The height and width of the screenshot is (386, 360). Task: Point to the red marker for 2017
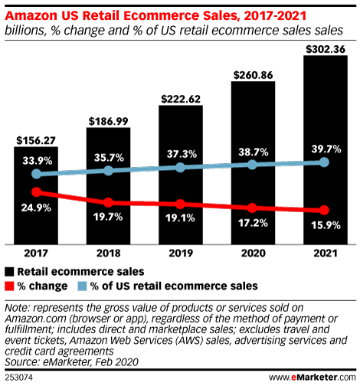(35, 191)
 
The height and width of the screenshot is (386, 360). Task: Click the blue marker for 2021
(325, 162)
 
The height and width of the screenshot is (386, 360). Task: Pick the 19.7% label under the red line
(108, 218)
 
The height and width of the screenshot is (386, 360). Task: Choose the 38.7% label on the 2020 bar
(253, 153)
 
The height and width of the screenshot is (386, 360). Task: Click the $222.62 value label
(180, 99)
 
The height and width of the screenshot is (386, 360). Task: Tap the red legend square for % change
(11, 285)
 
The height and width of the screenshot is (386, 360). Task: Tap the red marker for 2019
(180, 204)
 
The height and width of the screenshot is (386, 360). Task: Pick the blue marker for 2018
(108, 171)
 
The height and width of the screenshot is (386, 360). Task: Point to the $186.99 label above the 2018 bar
(108, 121)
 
